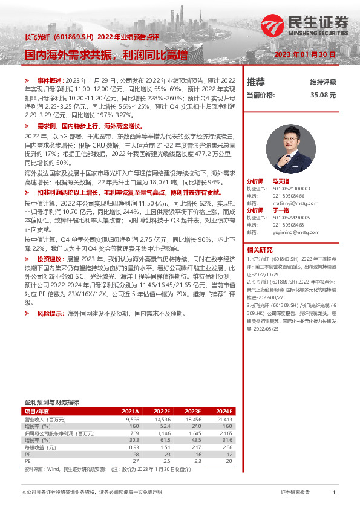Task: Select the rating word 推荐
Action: [x=255, y=82]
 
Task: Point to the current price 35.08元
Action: [x=322, y=95]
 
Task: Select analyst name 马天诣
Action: [x=281, y=181]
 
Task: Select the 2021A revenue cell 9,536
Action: [x=132, y=419]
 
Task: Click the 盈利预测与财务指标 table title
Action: [x=51, y=402]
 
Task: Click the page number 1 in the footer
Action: [x=334, y=493]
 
